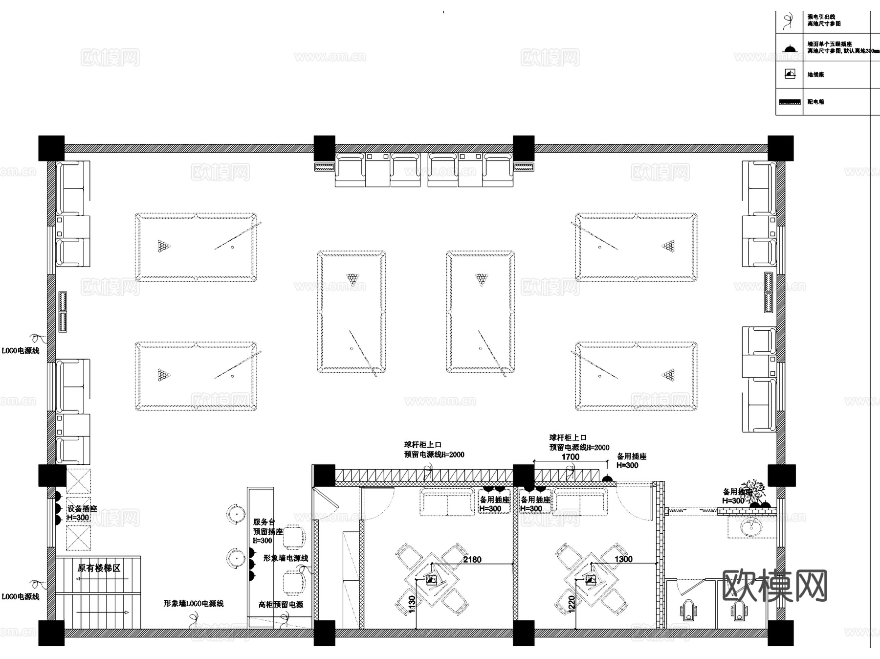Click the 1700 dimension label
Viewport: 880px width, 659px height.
(x=570, y=456)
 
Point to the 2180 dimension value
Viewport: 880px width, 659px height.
(x=472, y=559)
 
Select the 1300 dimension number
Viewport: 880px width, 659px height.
(x=623, y=559)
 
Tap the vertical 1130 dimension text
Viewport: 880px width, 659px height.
(x=412, y=604)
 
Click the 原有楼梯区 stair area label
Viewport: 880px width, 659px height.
(x=99, y=568)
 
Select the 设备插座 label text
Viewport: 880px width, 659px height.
(x=82, y=509)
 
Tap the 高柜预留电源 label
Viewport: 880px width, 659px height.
(x=281, y=605)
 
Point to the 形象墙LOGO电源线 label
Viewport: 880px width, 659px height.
(x=194, y=604)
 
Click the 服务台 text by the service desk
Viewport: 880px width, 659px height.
(x=264, y=522)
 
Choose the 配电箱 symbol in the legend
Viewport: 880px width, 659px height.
(x=789, y=102)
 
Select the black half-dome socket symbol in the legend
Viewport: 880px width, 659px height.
(x=789, y=48)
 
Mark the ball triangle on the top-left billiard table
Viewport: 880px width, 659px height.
(x=164, y=246)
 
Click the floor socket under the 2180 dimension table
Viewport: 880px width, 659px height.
(x=431, y=581)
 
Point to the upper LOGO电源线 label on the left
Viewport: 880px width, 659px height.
(x=21, y=350)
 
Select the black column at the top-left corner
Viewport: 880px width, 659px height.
(x=51, y=148)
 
